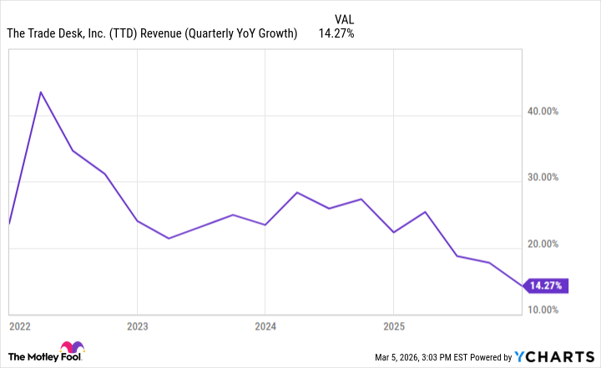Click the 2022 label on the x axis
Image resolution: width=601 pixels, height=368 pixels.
[21, 325]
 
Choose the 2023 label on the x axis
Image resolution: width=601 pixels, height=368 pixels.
[138, 325]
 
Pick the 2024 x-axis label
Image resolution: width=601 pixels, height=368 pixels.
[265, 325]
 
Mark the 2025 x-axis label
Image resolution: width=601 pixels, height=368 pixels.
[394, 325]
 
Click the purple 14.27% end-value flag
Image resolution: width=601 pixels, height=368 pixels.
[547, 285]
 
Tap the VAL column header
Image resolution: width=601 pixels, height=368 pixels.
[343, 17]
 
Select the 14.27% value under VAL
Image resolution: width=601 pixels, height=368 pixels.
[336, 34]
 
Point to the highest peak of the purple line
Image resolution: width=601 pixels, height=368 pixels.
[40, 92]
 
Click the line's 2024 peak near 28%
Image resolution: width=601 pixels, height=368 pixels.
[297, 193]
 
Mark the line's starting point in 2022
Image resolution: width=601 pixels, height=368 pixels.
[9, 224]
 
